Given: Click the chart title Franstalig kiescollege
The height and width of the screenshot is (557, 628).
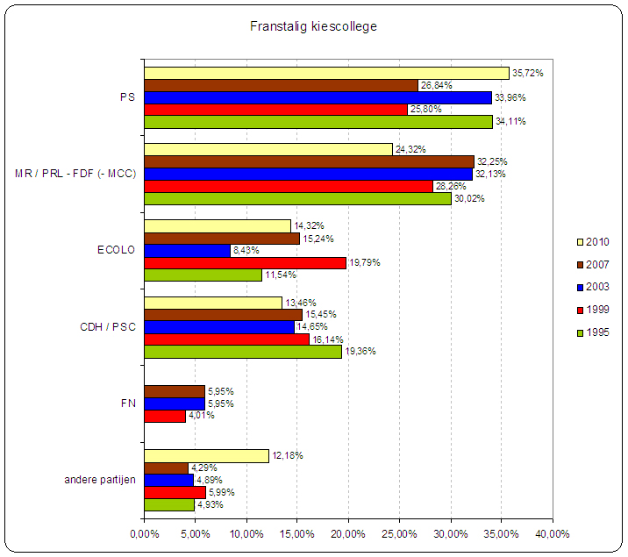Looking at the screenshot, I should [x=313, y=27].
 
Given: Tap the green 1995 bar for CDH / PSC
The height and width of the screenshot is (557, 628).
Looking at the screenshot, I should [x=242, y=351].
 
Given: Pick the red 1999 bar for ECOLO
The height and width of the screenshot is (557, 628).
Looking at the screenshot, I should [x=245, y=262].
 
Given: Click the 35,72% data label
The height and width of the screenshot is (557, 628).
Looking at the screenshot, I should [x=528, y=73].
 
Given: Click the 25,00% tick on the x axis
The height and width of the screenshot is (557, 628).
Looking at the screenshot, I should [x=399, y=533].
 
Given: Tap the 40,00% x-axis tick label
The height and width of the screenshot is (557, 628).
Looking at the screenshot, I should [x=553, y=533].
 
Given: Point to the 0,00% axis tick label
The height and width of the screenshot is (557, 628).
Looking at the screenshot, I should [x=144, y=533].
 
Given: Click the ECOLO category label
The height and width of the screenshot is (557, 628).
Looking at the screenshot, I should [x=116, y=250].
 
